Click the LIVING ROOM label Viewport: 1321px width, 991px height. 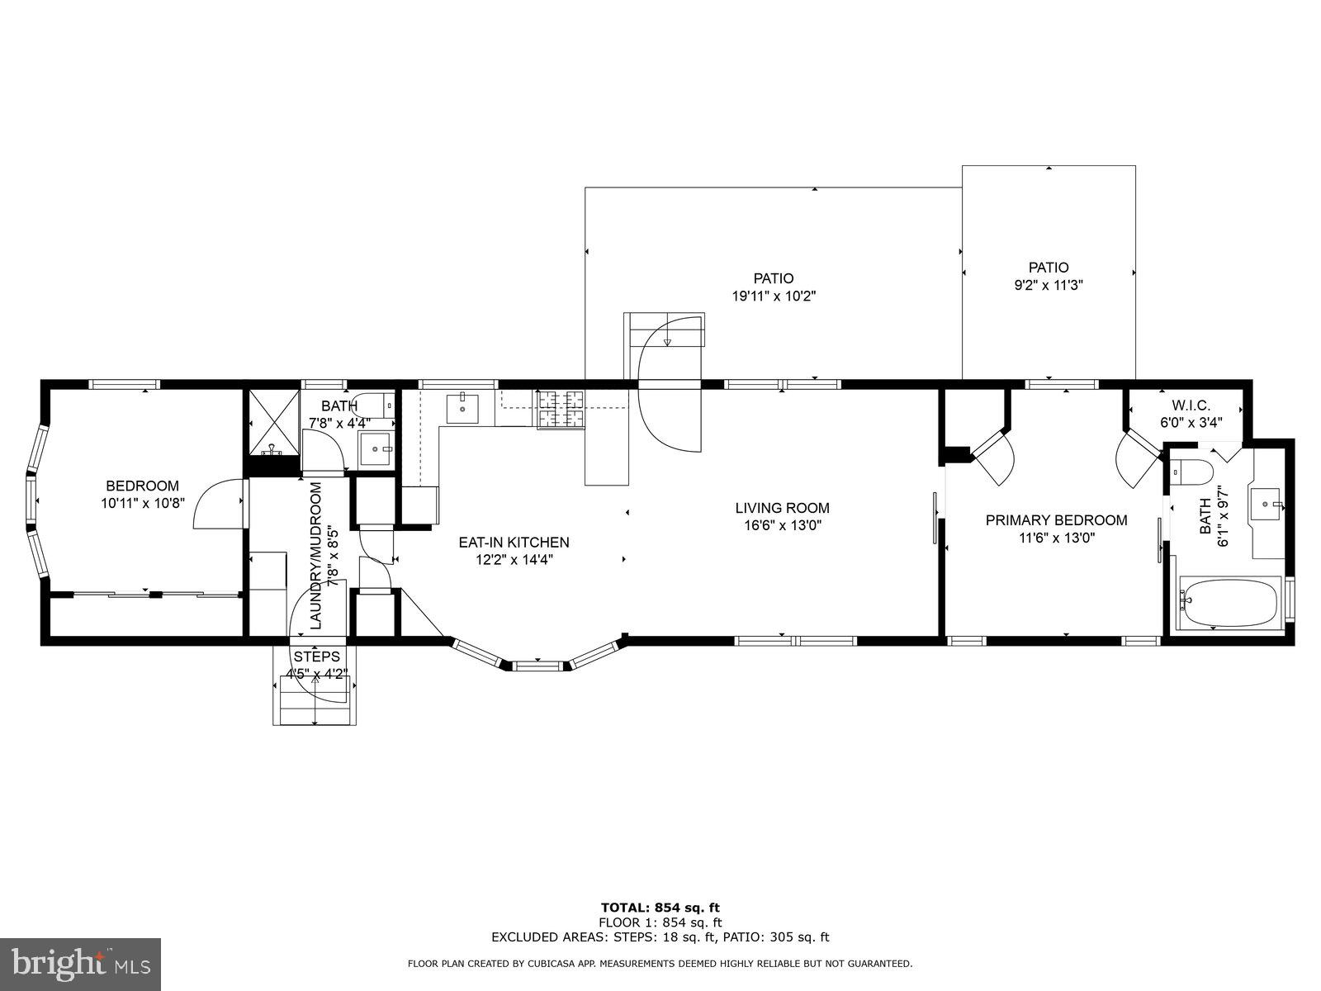click(782, 508)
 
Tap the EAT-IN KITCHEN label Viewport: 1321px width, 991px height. click(514, 543)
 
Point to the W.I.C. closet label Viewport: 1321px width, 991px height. click(1191, 405)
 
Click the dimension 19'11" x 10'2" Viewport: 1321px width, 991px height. click(774, 296)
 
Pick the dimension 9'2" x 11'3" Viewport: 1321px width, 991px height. click(1048, 285)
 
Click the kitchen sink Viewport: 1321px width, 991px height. click(463, 406)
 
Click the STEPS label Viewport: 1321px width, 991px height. click(316, 657)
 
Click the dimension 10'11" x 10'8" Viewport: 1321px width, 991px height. click(142, 501)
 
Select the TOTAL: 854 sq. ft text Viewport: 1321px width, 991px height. click(660, 908)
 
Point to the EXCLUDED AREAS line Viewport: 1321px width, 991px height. click(660, 937)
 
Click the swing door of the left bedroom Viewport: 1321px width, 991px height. click(216, 505)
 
